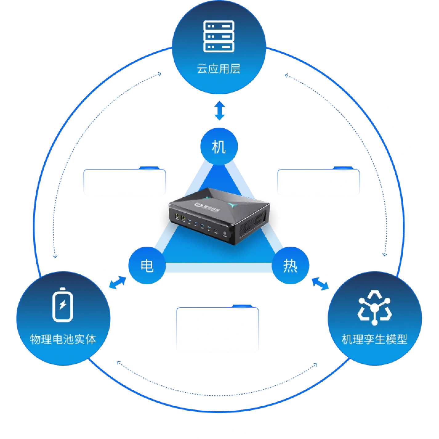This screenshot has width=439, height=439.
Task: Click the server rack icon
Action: (219, 36)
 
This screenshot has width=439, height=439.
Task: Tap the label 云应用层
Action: (219, 69)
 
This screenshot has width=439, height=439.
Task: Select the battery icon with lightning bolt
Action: (62, 305)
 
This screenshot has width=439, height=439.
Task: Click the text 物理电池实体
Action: (63, 339)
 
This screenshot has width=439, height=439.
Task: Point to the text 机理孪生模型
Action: (375, 339)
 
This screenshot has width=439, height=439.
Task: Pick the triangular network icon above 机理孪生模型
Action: (375, 307)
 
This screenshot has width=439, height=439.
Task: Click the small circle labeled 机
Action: (219, 146)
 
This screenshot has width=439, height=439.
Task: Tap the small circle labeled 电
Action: (147, 265)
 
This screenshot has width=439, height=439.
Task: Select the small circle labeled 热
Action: (290, 265)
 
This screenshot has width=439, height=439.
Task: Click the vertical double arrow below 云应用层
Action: (219, 110)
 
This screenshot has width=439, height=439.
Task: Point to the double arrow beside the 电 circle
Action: (118, 283)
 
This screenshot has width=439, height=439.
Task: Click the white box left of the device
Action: (124, 182)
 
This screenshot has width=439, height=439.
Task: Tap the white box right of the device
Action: (318, 182)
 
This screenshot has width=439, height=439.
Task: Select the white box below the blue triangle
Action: (218, 329)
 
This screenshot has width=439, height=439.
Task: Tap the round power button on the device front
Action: (225, 233)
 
